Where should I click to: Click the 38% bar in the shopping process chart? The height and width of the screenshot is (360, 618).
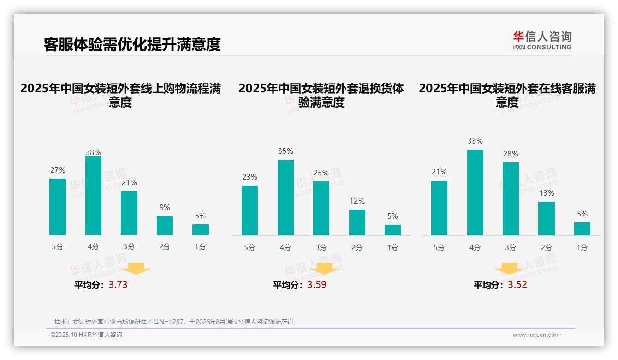tap(93, 196)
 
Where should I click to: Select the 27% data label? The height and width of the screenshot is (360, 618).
tap(58, 170)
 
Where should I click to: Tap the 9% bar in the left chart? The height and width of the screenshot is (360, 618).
tap(165, 225)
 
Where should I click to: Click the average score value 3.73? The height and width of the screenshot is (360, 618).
tap(118, 284)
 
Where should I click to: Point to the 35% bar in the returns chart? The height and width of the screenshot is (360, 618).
tap(285, 198)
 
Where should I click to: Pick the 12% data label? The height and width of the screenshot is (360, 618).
tap(357, 201)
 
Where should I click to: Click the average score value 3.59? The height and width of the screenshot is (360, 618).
tap(317, 284)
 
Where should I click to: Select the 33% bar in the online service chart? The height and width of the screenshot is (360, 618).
tap(475, 192)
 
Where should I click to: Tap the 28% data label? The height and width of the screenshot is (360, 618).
tap(511, 154)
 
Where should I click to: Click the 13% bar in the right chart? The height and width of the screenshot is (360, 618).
tap(547, 218)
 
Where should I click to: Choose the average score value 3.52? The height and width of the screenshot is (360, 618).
tap(517, 284)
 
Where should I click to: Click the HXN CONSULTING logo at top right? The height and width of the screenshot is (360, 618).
tap(542, 41)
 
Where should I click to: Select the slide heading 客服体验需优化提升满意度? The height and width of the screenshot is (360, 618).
tap(132, 44)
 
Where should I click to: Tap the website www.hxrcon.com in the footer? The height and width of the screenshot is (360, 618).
tap(536, 335)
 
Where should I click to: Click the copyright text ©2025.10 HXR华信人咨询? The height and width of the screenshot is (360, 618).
tap(86, 335)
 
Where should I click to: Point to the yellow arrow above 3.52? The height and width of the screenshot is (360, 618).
tap(509, 269)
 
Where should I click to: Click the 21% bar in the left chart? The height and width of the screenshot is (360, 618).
tap(129, 213)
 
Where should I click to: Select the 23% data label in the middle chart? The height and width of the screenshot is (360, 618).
tap(250, 177)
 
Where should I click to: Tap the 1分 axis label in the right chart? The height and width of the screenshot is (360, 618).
tap(582, 247)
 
